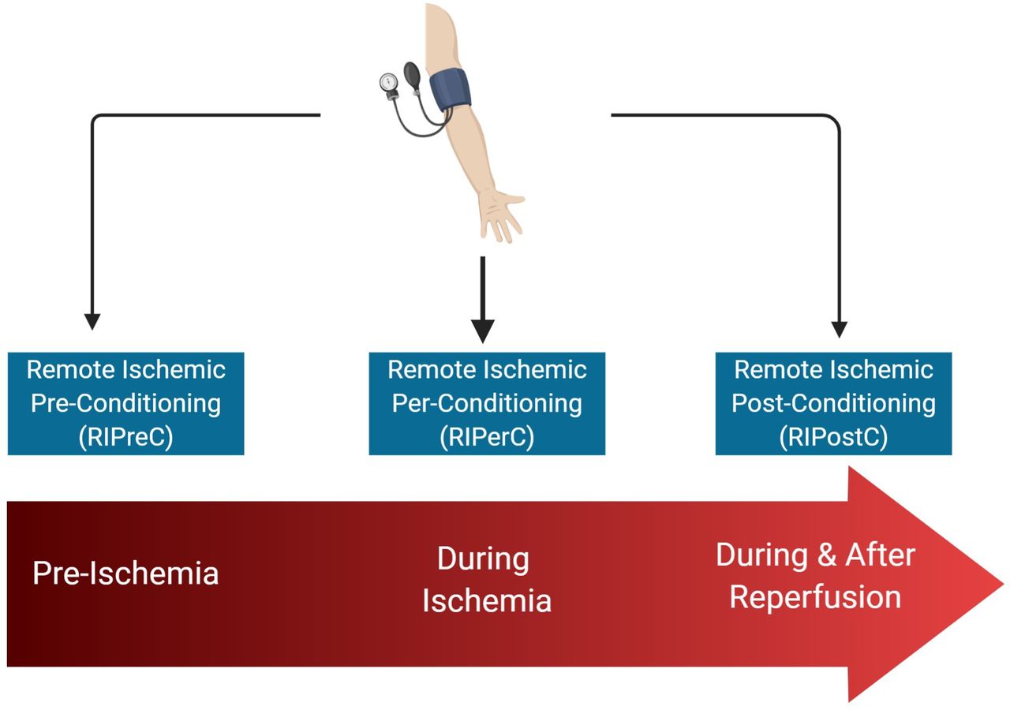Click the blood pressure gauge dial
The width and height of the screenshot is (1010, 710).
tap(388, 83)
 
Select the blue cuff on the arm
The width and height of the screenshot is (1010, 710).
tap(450, 89)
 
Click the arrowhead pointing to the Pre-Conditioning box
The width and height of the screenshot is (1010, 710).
tap(92, 322)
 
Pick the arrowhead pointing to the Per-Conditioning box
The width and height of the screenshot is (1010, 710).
tap(482, 331)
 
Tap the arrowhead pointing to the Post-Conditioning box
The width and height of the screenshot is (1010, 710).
tap(839, 330)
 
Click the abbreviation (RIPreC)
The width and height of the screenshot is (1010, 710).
tap(125, 436)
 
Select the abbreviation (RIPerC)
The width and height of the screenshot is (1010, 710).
tap(487, 436)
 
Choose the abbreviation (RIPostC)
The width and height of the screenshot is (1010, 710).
tap(834, 436)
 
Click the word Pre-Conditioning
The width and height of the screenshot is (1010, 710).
tap(125, 403)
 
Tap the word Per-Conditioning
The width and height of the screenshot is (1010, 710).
tap(487, 403)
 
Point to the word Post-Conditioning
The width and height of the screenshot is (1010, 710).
tap(834, 403)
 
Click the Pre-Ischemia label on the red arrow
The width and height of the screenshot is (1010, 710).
tap(125, 574)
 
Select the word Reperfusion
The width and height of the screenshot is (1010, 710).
tap(815, 597)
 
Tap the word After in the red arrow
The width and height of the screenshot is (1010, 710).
tap(880, 555)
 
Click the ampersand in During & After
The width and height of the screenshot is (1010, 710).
tap(827, 555)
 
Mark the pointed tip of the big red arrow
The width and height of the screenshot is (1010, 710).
tap(1004, 585)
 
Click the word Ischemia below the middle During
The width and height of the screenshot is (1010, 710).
tap(487, 600)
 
